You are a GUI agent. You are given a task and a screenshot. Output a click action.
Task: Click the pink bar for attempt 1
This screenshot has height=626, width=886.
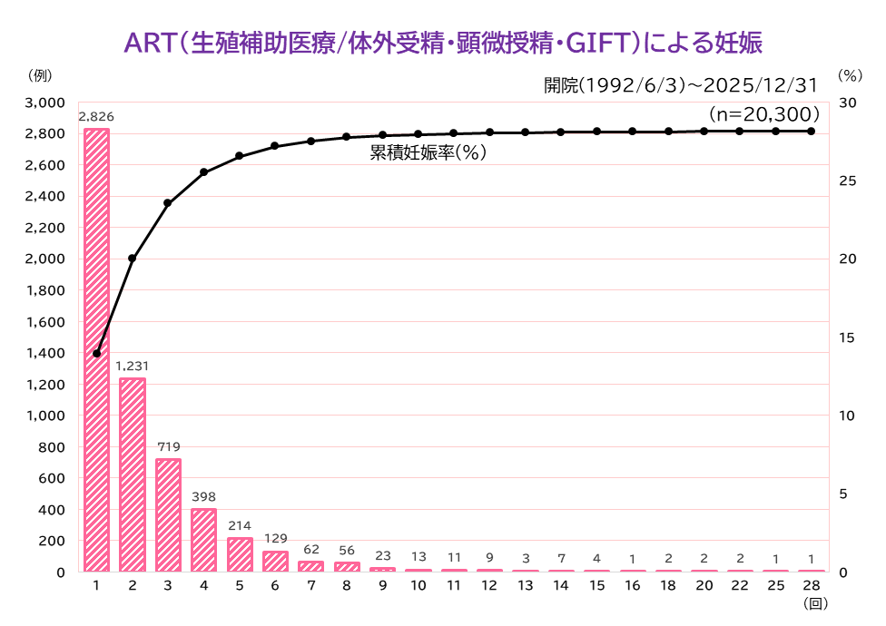(96, 350)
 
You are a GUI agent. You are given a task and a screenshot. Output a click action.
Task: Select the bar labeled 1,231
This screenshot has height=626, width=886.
(133, 474)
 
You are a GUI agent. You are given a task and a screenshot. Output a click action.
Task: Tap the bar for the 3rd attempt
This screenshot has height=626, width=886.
(168, 515)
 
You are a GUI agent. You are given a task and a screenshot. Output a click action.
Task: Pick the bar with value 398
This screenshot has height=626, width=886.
(204, 540)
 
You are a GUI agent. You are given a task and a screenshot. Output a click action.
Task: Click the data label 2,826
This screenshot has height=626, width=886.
(96, 117)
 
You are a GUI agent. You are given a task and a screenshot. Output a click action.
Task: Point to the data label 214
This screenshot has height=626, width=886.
(240, 525)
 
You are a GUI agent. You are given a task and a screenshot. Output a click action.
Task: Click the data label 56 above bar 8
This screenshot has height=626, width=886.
(347, 551)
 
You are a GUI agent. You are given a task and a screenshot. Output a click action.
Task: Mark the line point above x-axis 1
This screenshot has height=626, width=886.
(96, 353)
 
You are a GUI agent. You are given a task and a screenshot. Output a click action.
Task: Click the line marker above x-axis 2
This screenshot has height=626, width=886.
(133, 259)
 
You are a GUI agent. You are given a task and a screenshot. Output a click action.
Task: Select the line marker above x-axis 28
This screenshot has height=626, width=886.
(812, 131)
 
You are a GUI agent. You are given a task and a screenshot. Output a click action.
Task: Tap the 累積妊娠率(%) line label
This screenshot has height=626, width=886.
(428, 152)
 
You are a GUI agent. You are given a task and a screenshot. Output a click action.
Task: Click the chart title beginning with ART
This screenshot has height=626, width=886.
(443, 43)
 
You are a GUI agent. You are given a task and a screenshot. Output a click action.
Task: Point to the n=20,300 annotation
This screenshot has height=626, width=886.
(764, 114)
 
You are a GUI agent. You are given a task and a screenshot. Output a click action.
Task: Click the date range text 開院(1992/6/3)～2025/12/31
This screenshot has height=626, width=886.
(681, 85)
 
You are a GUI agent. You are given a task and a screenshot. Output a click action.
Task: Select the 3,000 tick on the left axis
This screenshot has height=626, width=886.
(44, 103)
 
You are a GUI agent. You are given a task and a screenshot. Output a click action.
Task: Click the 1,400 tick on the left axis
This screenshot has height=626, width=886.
(44, 353)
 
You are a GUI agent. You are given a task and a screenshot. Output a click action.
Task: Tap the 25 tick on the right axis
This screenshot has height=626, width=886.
(848, 181)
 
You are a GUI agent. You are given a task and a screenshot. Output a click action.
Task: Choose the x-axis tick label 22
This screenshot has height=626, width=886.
(740, 585)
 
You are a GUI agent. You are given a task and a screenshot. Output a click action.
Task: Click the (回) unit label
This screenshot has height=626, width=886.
(815, 603)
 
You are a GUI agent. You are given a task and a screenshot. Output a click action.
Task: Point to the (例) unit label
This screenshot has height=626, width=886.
(40, 75)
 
